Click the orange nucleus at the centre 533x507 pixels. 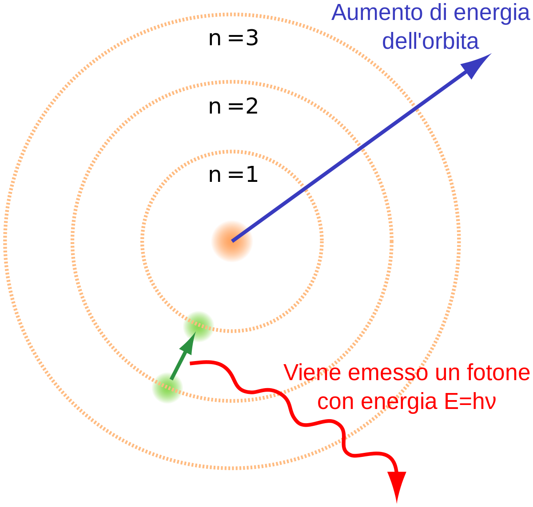click(232, 241)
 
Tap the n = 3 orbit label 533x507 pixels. click(233, 38)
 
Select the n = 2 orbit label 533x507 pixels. click(233, 106)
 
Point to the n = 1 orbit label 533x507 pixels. click(233, 175)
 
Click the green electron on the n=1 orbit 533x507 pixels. click(199, 326)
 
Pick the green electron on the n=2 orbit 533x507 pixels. click(167, 388)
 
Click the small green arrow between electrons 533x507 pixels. click(183, 356)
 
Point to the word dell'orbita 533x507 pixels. click(430, 41)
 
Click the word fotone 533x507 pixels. click(498, 373)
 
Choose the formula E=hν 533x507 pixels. click(470, 401)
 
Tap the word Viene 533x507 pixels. click(312, 373)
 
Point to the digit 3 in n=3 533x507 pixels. click(252, 38)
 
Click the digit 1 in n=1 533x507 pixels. click(252, 175)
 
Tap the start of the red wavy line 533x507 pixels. click(190, 363)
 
